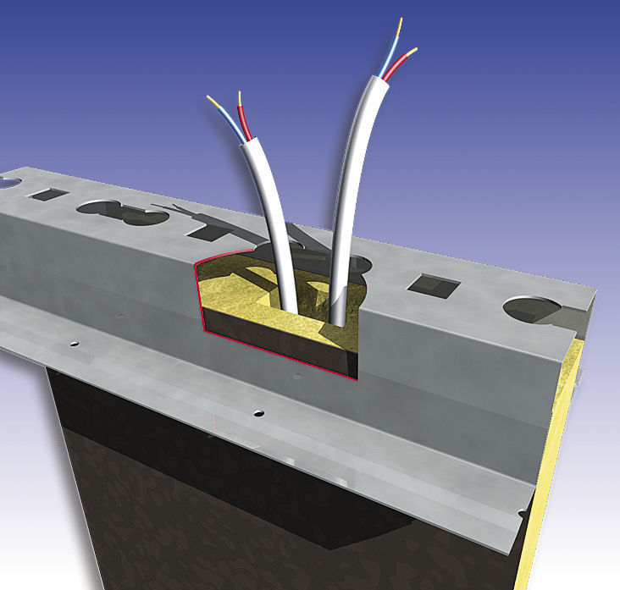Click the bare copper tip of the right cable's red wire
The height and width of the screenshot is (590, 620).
(413, 50)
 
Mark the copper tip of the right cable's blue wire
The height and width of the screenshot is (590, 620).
(400, 22)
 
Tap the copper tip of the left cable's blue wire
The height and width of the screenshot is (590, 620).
(210, 100)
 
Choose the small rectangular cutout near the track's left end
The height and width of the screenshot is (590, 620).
(46, 195)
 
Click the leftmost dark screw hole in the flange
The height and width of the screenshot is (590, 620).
(74, 342)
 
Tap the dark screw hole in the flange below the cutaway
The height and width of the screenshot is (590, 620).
(258, 414)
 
